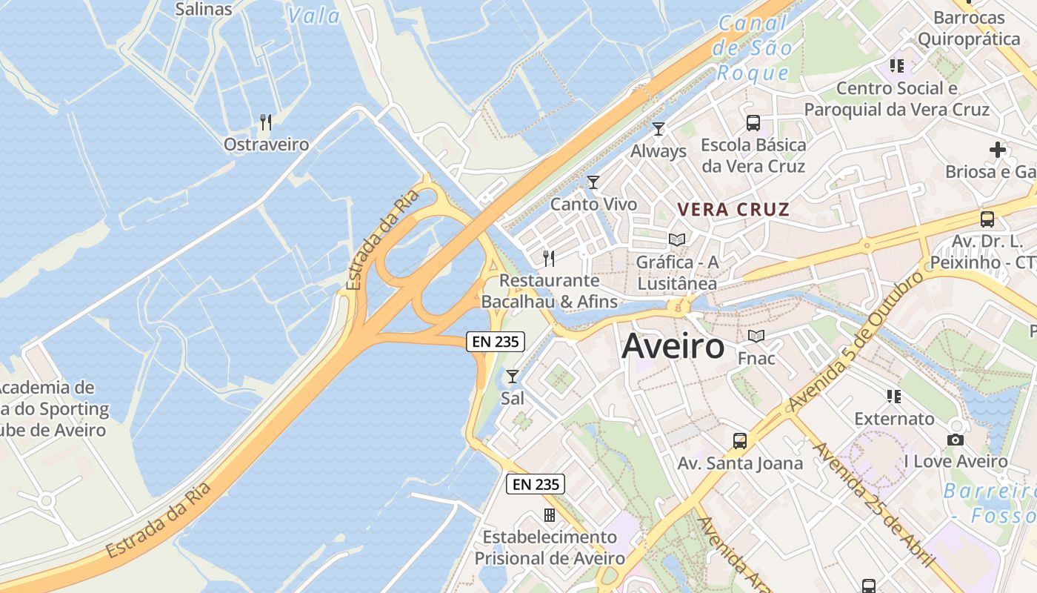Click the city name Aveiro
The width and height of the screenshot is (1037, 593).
(673, 346)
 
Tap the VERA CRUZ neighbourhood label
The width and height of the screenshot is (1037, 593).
(734, 210)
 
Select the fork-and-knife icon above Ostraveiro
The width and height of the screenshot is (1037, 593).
(266, 122)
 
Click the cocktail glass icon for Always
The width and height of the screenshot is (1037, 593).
(658, 128)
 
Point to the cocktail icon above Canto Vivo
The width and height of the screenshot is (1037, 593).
(593, 182)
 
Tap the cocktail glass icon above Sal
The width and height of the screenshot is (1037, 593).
(512, 376)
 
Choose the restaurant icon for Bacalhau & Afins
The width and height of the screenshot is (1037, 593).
(549, 258)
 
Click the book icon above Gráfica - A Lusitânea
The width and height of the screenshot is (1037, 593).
(677, 239)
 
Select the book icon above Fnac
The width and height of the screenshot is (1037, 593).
(756, 337)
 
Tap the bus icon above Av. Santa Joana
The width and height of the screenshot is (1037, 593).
(740, 441)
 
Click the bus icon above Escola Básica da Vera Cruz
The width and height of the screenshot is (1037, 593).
(753, 123)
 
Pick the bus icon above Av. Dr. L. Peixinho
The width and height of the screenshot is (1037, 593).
(987, 219)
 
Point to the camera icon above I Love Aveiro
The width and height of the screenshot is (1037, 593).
(956, 440)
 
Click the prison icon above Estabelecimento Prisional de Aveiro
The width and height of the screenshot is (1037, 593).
(550, 514)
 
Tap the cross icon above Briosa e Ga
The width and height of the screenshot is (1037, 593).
(998, 150)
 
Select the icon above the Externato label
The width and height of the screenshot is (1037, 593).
(895, 397)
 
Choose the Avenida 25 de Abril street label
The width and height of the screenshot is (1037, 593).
(875, 505)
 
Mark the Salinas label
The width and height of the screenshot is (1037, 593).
(204, 10)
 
